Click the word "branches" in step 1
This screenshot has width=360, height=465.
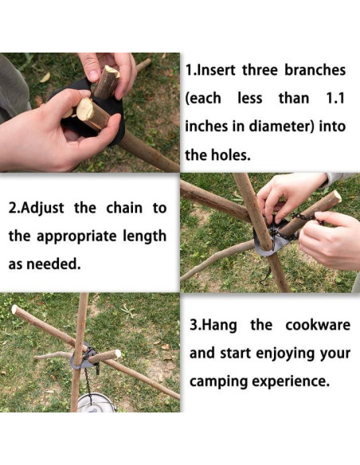point(315,70)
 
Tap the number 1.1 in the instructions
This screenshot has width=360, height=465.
point(335,99)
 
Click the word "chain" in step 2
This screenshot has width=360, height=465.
point(124,208)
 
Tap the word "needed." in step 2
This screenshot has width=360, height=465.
point(53,264)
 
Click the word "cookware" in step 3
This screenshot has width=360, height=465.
point(318,325)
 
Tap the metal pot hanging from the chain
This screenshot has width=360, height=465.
point(96,403)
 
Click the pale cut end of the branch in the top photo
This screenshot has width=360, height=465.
point(84,109)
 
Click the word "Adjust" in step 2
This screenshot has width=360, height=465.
point(43,208)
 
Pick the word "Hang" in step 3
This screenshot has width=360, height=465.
point(221,326)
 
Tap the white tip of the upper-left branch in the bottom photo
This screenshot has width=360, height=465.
point(14,309)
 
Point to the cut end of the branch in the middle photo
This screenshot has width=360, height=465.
point(337,197)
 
